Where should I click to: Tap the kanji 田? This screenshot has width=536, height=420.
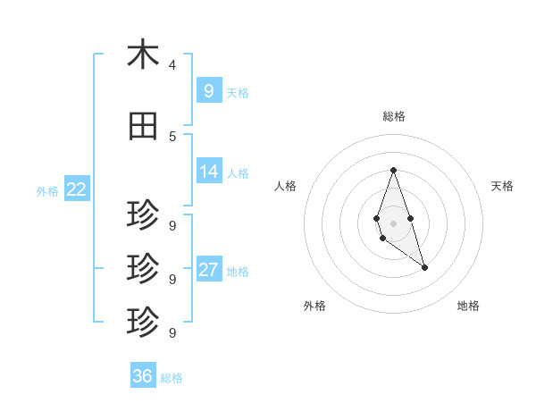tap(143, 127)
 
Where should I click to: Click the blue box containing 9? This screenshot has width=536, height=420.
tap(208, 90)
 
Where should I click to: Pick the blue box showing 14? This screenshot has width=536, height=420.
tap(208, 172)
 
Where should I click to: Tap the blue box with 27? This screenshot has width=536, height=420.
tap(208, 270)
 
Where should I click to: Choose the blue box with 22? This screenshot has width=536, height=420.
tap(77, 189)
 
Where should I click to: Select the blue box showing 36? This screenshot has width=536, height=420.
tap(142, 376)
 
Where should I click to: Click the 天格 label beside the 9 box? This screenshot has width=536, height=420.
tap(238, 92)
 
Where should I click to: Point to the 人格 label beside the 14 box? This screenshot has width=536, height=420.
tap(238, 173)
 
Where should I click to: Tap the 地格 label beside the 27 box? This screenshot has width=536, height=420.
tap(238, 272)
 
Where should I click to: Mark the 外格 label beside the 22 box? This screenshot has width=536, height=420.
tap(47, 191)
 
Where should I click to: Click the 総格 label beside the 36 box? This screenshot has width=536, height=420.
tap(172, 378)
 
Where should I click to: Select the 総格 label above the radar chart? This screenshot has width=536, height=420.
tap(393, 116)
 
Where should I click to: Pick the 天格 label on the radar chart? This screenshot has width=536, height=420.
tap(503, 186)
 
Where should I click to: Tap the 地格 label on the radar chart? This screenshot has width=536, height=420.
tap(468, 306)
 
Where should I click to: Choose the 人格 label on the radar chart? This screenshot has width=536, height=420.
tap(285, 186)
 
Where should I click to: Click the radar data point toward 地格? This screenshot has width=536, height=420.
tap(424, 267)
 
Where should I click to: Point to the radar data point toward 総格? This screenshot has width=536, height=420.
tap(393, 170)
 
